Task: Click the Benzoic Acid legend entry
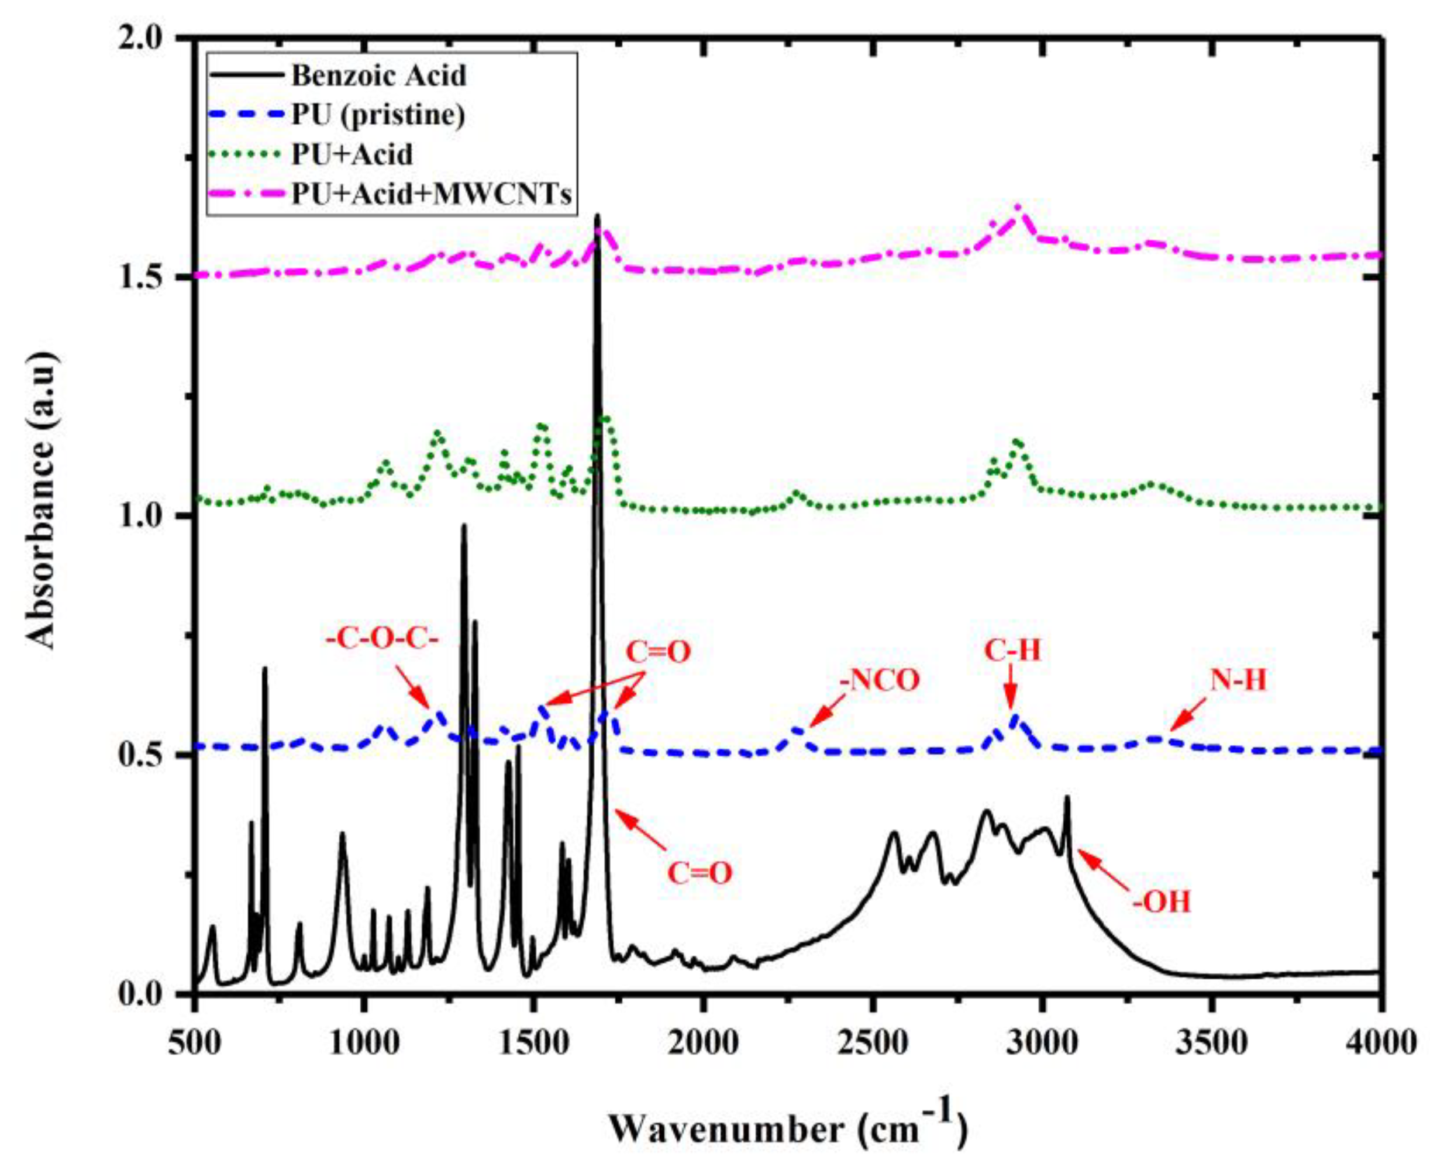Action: click(378, 75)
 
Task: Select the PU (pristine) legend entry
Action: click(378, 115)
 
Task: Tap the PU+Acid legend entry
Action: click(352, 154)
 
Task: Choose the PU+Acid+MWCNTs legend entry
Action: click(432, 194)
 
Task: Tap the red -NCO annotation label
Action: click(879, 681)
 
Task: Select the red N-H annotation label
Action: click(1238, 681)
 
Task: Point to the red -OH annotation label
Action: click(1161, 901)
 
